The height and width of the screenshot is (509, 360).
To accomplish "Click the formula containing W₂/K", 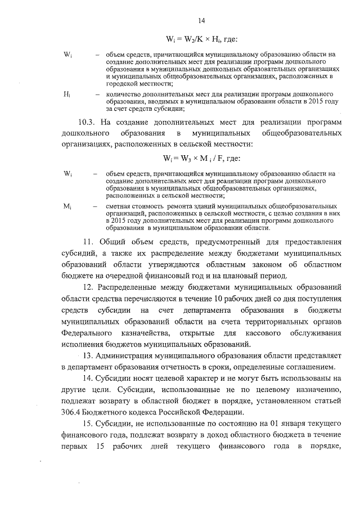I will (x=201, y=39).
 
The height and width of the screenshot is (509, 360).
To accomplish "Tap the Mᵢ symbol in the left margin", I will (x=67, y=208).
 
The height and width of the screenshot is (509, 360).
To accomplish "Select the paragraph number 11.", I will (x=88, y=242).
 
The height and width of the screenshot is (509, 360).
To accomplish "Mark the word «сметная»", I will (x=119, y=207).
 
